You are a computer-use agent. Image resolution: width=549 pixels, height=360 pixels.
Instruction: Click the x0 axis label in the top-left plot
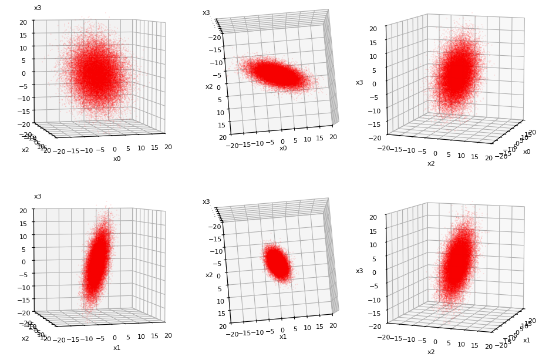tap(117, 159)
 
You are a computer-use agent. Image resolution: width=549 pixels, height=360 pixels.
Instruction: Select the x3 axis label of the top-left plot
tap(38, 8)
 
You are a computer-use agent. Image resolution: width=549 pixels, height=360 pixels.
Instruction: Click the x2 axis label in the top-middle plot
tap(208, 86)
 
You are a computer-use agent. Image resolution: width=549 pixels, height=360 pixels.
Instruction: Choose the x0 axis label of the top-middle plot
tap(283, 148)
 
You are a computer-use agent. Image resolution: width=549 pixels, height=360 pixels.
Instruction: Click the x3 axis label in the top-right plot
tap(359, 83)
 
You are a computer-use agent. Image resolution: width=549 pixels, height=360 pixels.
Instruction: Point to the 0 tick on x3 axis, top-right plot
tap(374, 83)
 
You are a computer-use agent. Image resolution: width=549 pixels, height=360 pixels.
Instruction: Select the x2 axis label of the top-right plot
tap(431, 163)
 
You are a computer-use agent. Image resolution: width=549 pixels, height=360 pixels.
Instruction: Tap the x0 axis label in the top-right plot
tap(527, 152)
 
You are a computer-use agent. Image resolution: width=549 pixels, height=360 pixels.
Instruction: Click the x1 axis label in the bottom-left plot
tap(117, 348)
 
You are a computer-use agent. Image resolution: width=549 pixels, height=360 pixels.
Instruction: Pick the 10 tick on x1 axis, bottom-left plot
tap(142, 337)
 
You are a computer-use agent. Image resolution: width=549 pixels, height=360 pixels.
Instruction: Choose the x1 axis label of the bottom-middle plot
tap(283, 337)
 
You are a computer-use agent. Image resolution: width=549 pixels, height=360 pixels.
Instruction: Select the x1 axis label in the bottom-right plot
tap(527, 340)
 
